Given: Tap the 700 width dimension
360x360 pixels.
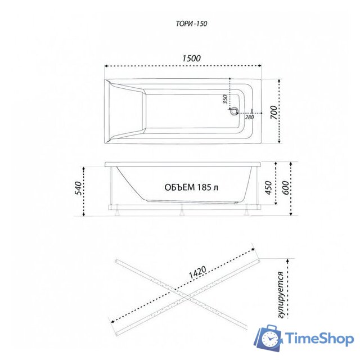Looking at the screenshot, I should (273, 112).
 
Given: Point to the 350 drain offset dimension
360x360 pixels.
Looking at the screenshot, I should (224, 100).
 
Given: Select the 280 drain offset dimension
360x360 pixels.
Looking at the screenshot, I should (249, 117).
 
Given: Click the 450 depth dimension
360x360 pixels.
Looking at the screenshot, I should (269, 186).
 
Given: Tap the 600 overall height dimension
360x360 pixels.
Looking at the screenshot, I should (286, 188).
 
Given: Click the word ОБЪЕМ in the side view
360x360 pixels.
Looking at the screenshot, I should (180, 187).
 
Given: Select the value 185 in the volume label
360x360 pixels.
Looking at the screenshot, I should (204, 187).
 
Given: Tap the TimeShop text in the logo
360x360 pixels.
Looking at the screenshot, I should (318, 338).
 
